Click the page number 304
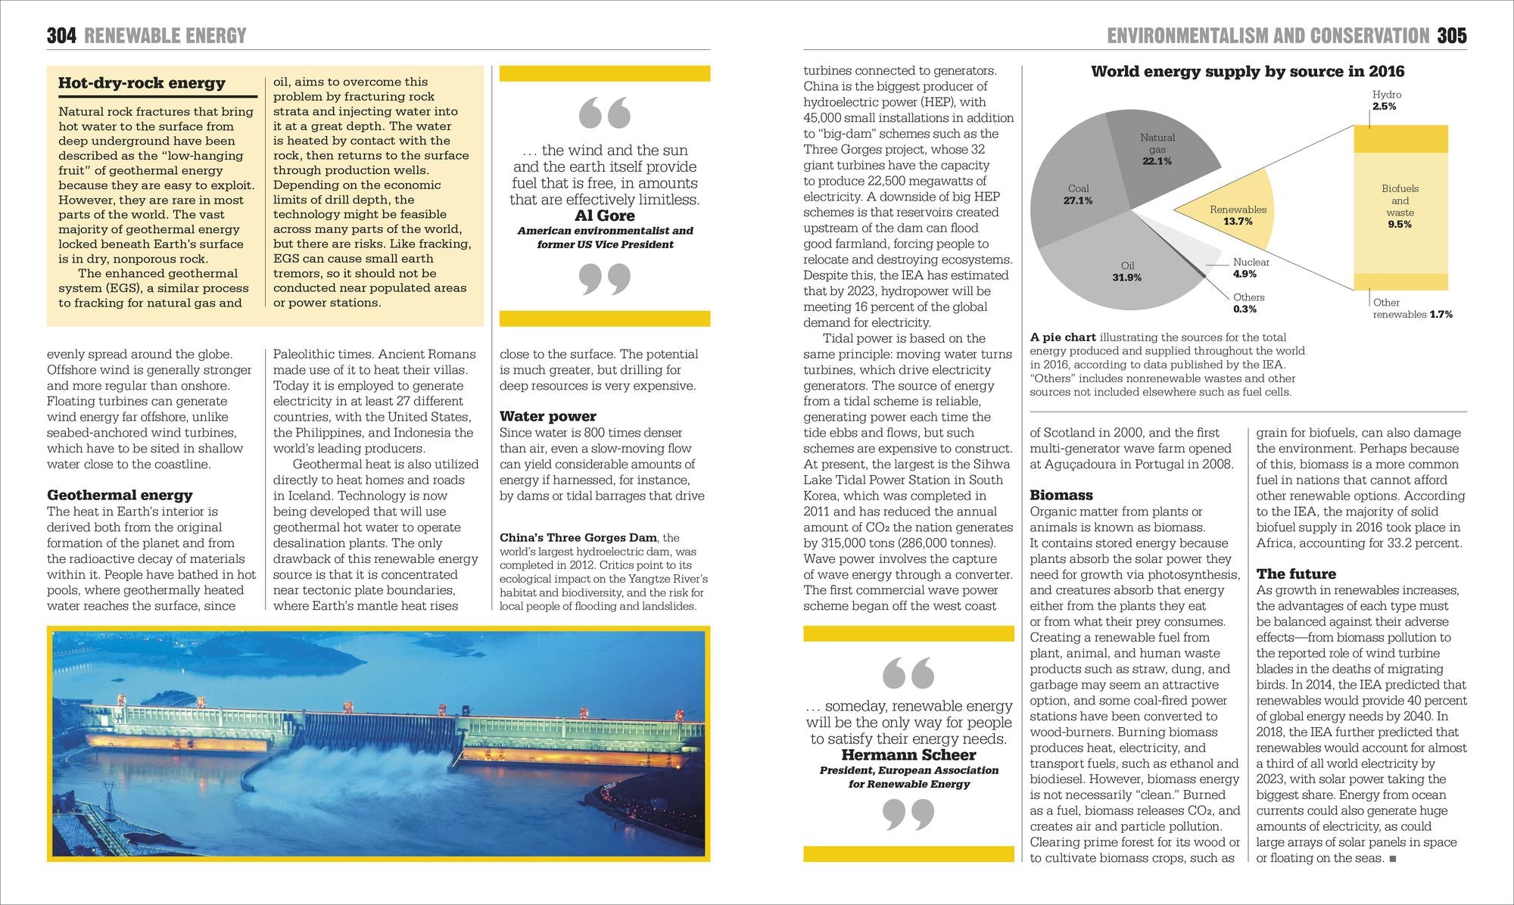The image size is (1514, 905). (x=61, y=36)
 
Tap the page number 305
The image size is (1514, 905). (x=1452, y=36)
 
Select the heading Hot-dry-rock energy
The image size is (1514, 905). (x=142, y=83)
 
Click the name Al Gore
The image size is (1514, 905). (x=605, y=216)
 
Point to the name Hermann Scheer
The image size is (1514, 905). (x=908, y=754)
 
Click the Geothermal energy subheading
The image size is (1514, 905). (x=120, y=495)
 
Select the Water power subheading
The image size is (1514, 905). (x=547, y=416)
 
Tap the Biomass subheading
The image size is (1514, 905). (x=1061, y=495)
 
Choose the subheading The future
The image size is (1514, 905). (x=1296, y=574)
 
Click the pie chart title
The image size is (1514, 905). (x=1247, y=72)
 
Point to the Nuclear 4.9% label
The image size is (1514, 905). (x=1251, y=268)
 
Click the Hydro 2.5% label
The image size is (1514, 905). (x=1386, y=100)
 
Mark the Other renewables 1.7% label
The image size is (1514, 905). (x=1411, y=309)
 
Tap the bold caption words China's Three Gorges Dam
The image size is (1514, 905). (x=578, y=538)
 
